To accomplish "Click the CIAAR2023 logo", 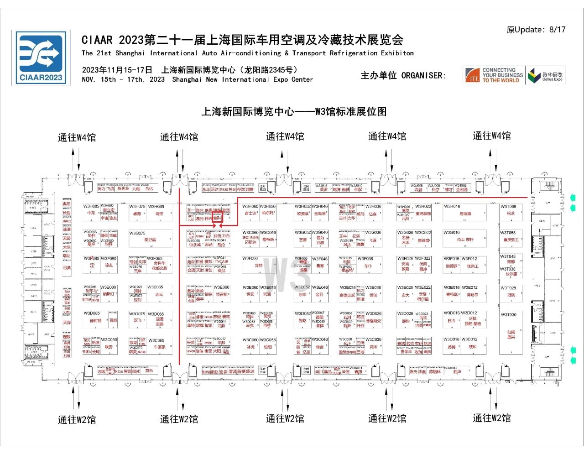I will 41,58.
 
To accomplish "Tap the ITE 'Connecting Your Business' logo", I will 494,75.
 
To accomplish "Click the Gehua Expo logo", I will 546,76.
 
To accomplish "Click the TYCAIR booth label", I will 222,261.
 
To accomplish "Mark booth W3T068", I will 511,212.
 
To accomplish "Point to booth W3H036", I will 373,213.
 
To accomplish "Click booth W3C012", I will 473,345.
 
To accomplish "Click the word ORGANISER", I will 423,75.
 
